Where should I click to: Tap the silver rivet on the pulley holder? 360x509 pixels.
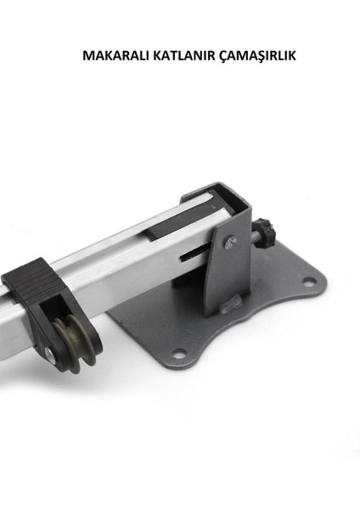[x=50, y=354]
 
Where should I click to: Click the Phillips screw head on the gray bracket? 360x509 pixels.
[x=230, y=242]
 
